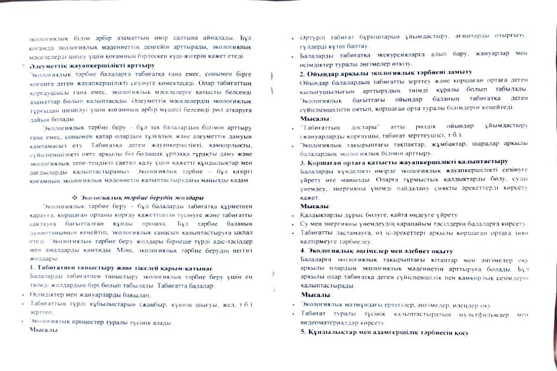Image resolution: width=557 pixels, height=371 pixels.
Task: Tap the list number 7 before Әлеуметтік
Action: [x=22, y=66]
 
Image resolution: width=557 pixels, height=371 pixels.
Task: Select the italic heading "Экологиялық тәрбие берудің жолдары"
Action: [x=142, y=197]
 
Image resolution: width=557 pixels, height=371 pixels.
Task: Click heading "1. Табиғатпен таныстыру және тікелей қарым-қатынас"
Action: [x=116, y=267]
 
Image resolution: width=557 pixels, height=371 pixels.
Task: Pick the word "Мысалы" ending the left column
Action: [x=43, y=329]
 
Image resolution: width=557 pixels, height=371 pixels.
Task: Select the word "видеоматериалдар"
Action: [x=328, y=322]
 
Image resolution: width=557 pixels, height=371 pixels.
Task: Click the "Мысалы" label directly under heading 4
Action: [x=316, y=296]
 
